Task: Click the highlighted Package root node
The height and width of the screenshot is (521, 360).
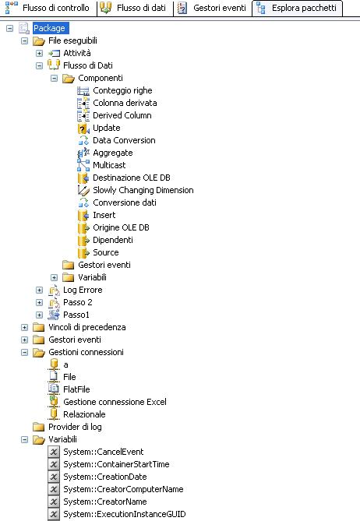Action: tap(49, 28)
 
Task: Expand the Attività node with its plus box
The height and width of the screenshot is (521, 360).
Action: tap(39, 53)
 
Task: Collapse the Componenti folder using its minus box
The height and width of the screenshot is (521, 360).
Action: tap(55, 79)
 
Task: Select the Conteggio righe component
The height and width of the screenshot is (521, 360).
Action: tap(122, 90)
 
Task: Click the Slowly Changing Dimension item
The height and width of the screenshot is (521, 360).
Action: tap(143, 190)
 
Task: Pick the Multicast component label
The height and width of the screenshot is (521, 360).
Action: tap(109, 165)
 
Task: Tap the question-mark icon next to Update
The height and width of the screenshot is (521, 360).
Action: tap(83, 128)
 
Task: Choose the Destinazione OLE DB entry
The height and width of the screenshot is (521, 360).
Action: tap(132, 178)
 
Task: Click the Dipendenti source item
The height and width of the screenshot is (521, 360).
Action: tap(113, 240)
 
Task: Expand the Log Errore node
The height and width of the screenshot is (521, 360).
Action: tap(39, 290)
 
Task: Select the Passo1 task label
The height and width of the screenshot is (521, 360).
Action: tap(76, 315)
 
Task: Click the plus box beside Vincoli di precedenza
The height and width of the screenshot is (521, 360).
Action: tap(25, 327)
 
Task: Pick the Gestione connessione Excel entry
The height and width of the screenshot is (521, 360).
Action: tap(115, 402)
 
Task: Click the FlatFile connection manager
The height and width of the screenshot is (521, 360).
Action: tap(76, 389)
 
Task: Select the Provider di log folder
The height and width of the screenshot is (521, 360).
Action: tap(75, 427)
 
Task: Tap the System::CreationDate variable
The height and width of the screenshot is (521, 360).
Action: tap(105, 477)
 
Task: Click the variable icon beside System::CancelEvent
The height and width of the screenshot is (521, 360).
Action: tap(54, 452)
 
